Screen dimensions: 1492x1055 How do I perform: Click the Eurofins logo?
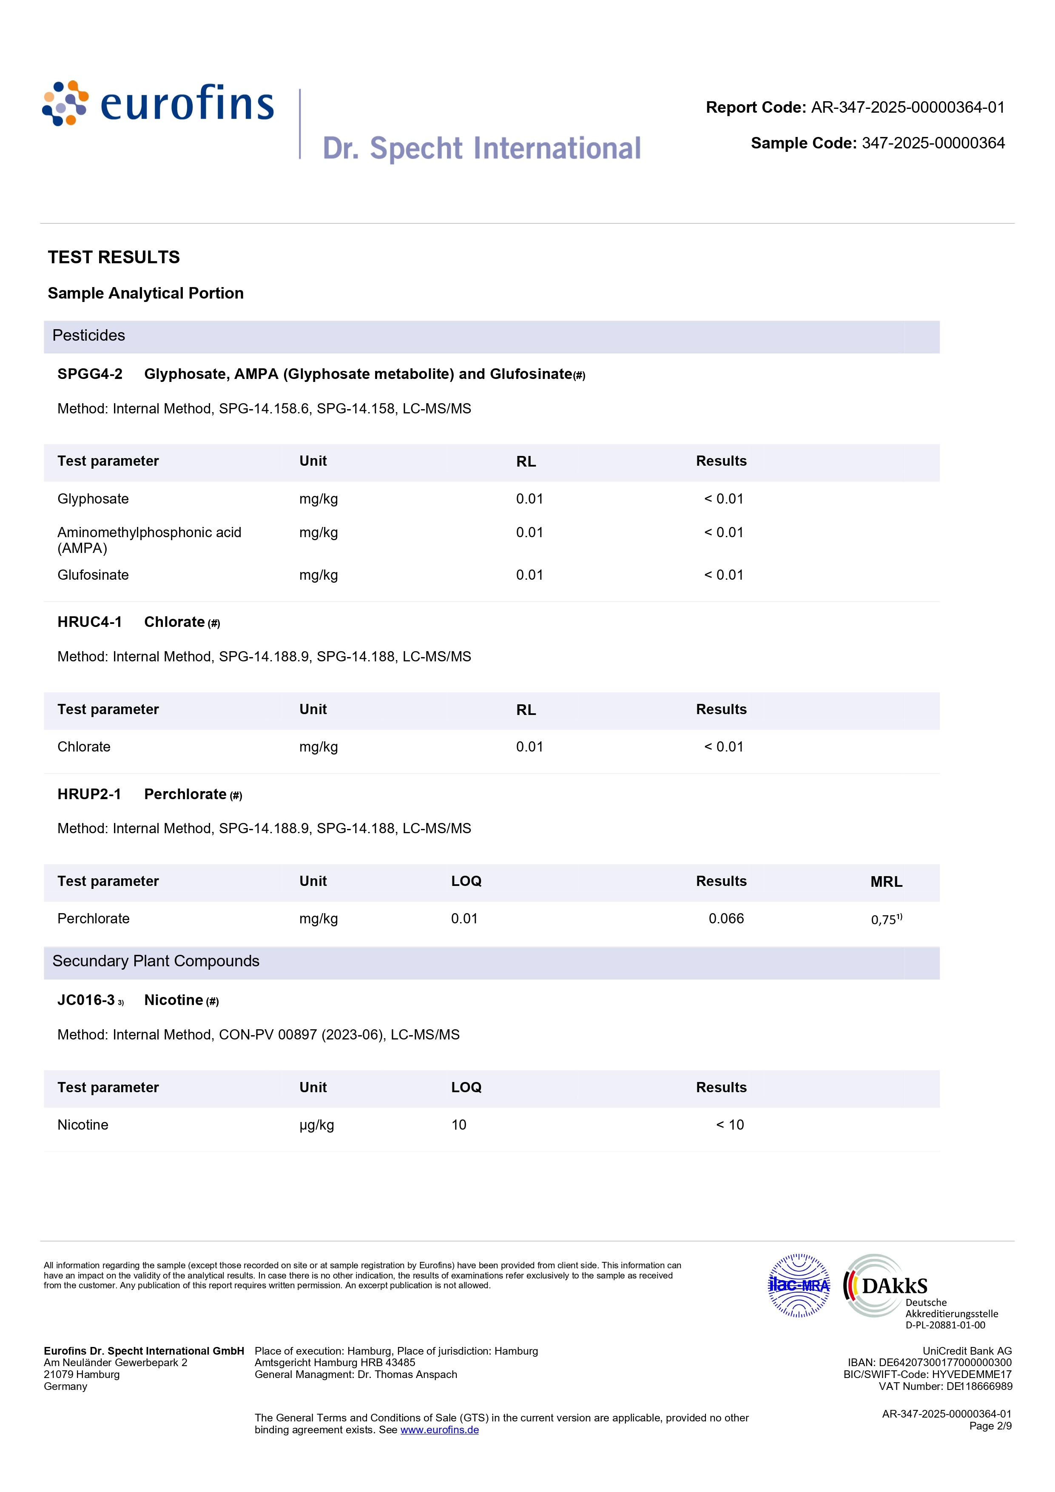[x=158, y=103]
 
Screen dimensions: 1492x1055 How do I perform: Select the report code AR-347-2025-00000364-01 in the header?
[x=907, y=107]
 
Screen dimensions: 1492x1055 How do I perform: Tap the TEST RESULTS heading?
[x=114, y=257]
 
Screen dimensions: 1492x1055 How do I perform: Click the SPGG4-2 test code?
[x=90, y=374]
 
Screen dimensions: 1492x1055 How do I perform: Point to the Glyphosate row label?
[x=93, y=499]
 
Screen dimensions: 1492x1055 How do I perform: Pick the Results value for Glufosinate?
[x=724, y=575]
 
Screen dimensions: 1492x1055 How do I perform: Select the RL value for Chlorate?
[x=529, y=747]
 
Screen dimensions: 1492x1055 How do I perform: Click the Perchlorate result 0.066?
[x=726, y=919]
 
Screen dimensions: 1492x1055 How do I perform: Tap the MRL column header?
[x=886, y=882]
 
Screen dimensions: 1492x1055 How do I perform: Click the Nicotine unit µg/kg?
[x=316, y=1125]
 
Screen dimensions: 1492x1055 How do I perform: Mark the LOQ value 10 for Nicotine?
[x=459, y=1125]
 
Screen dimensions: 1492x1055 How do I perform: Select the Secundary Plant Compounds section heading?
[x=156, y=961]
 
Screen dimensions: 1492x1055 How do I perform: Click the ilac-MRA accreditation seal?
[x=799, y=1285]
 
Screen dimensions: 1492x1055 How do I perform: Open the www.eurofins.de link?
[x=439, y=1429]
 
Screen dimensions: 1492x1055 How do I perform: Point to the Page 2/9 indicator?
[x=990, y=1426]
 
